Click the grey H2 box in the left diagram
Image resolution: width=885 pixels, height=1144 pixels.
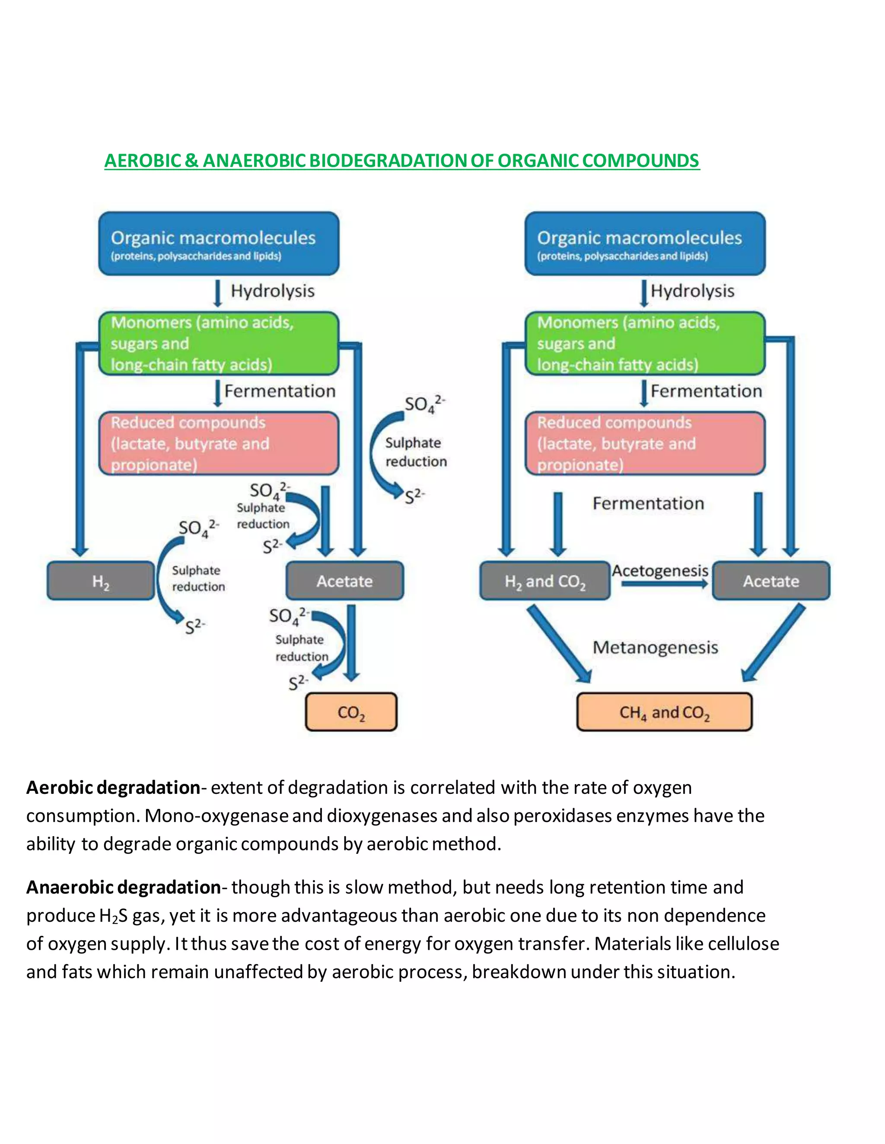101,580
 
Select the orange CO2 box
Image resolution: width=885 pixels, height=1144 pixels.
351,712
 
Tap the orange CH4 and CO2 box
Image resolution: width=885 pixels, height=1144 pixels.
664,712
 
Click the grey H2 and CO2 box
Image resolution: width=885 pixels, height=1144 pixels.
545,580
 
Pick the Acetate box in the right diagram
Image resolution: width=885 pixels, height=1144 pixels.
771,580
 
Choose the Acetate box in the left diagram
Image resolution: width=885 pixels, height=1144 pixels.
344,580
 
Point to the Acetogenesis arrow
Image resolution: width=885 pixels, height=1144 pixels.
664,584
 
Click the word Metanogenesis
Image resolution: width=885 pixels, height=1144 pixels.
656,648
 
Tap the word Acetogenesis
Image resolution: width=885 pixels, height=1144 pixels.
660,570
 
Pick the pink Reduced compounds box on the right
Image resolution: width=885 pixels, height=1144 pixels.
645,443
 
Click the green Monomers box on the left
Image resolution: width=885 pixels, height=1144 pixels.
219,343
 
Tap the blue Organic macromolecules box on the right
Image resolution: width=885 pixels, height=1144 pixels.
645,243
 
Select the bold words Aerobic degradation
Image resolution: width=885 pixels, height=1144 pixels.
113,787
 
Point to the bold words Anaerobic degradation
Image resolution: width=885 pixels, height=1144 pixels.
123,887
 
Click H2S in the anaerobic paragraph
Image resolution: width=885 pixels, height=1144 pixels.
113,916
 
